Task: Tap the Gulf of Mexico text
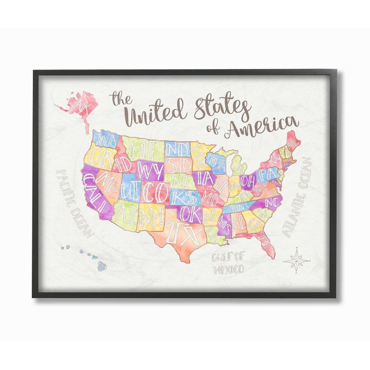pos(228,262)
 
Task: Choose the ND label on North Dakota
pos(176,149)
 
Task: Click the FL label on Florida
pos(264,239)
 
